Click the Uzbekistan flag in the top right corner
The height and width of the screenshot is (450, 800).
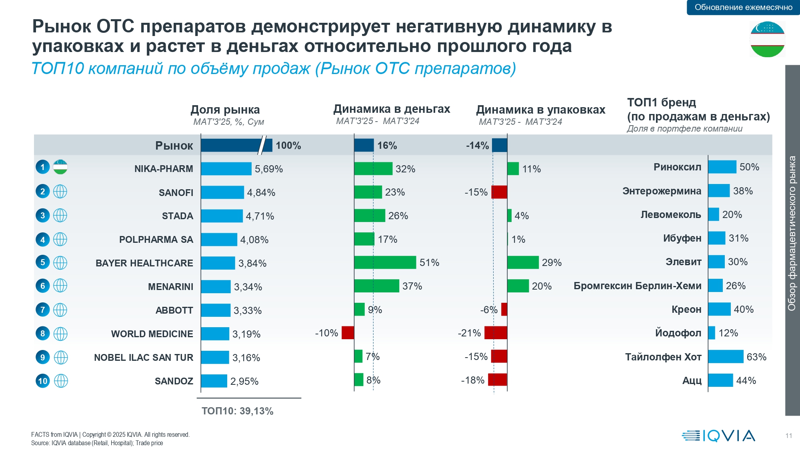point(767,39)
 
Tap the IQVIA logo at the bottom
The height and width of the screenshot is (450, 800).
point(718,436)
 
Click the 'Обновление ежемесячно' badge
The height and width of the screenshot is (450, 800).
point(743,7)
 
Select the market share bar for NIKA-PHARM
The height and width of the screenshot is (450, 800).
point(226,169)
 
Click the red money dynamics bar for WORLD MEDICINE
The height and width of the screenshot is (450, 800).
point(348,333)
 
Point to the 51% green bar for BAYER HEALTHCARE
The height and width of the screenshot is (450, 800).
point(385,262)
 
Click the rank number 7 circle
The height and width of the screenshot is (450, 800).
point(43,310)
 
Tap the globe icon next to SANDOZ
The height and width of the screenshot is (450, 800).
point(61,381)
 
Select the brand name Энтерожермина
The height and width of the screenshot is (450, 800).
point(662,191)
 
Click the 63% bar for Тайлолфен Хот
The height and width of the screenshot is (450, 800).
point(726,356)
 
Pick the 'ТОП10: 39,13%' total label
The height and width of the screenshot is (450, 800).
point(237,411)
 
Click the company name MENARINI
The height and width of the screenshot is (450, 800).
point(170,287)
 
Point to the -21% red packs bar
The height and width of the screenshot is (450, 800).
point(496,333)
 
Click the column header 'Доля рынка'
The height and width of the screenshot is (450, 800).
point(225,110)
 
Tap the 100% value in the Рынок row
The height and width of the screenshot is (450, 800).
point(288,146)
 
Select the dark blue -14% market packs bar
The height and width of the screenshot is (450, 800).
point(500,145)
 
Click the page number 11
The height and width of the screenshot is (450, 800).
point(788,436)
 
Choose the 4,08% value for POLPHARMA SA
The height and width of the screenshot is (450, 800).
point(254,240)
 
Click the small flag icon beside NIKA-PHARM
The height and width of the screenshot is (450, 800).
point(60,167)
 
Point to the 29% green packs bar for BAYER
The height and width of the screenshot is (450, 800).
point(523,262)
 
